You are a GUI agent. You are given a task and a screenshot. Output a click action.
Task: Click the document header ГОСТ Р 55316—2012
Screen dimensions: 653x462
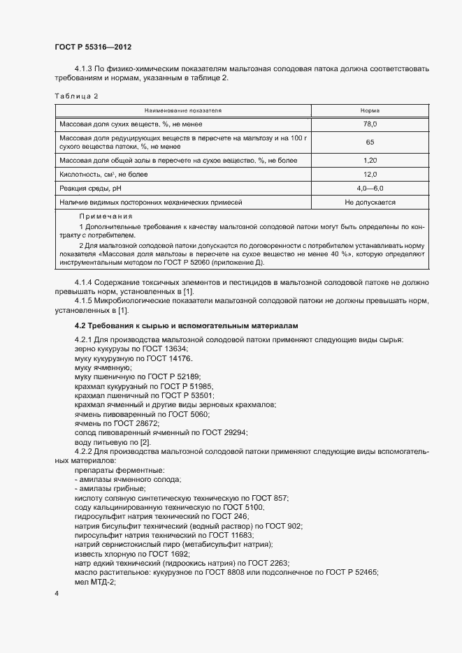93,47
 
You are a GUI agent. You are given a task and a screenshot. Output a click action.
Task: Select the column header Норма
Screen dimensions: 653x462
370,110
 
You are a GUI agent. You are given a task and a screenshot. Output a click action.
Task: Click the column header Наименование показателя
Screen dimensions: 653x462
182,110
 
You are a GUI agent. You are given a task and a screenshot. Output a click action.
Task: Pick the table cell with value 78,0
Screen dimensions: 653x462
370,124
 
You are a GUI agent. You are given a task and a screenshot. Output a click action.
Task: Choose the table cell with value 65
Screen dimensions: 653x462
370,142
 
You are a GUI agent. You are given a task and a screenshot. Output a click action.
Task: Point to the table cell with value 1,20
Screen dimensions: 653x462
370,161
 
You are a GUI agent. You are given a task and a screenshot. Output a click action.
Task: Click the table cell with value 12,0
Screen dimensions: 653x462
370,175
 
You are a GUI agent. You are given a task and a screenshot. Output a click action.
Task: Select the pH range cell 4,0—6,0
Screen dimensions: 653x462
370,189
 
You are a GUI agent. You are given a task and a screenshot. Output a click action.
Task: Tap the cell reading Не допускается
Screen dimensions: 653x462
370,203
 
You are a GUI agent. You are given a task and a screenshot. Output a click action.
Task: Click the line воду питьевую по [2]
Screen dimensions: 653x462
112,442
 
